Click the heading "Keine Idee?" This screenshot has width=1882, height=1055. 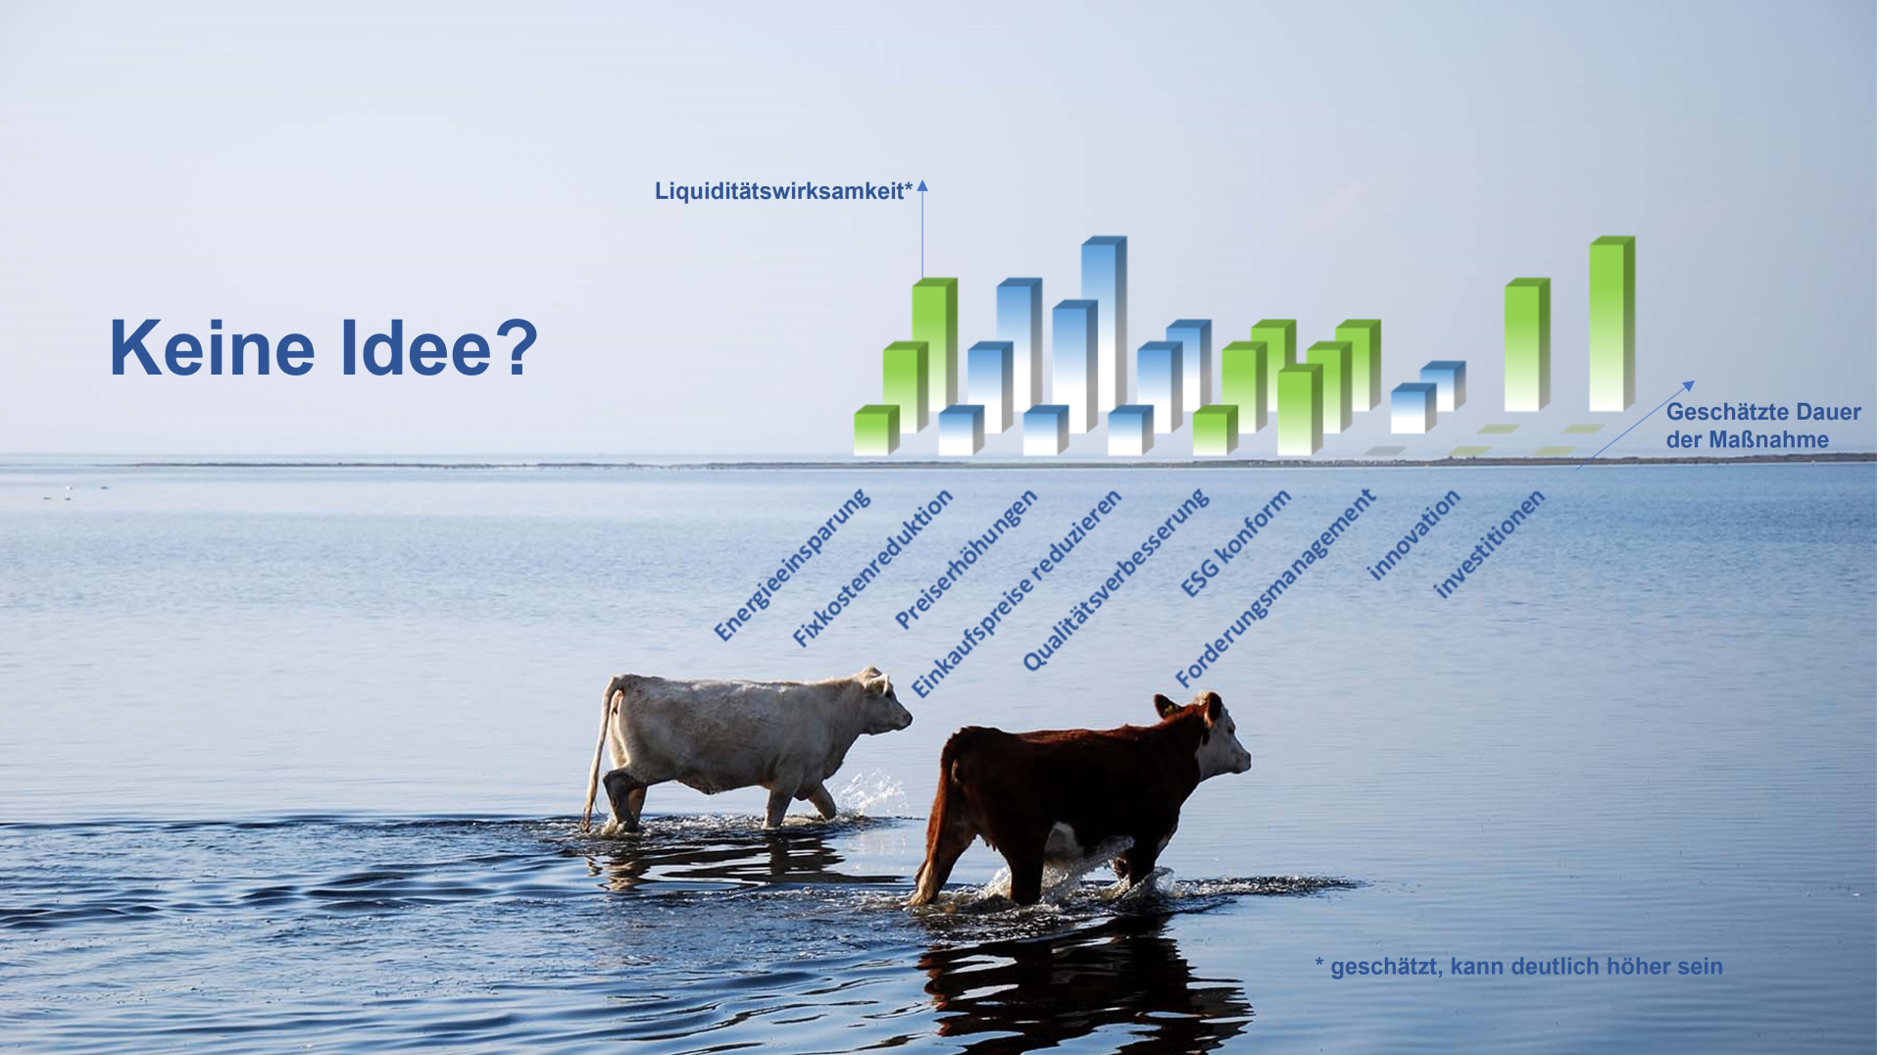pyautogui.click(x=323, y=348)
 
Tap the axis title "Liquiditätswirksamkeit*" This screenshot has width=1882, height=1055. pyautogui.click(x=783, y=191)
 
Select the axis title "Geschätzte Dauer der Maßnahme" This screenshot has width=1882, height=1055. pyautogui.click(x=1762, y=426)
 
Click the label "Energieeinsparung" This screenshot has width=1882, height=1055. pyautogui.click(x=792, y=565)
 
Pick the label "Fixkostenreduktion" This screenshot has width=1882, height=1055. pyautogui.click(x=872, y=568)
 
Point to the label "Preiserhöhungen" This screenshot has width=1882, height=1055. pyautogui.click(x=966, y=559)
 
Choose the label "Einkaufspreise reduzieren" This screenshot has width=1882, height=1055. pyautogui.click(x=1016, y=593)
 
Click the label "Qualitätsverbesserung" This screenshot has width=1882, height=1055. pyautogui.click(x=1115, y=580)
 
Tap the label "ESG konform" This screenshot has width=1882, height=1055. pyautogui.click(x=1235, y=543)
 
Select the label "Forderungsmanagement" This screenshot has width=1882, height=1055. pyautogui.click(x=1275, y=587)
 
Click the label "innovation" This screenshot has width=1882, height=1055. pyautogui.click(x=1413, y=534)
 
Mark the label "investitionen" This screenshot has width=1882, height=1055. pyautogui.click(x=1489, y=543)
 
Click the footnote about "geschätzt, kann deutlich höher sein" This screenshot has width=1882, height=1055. pyautogui.click(x=1518, y=966)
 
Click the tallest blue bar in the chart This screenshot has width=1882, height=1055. pyautogui.click(x=1104, y=324)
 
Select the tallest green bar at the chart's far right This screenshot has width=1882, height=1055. pyautogui.click(x=1611, y=324)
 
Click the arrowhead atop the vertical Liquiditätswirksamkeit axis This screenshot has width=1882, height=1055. pyautogui.click(x=922, y=185)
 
